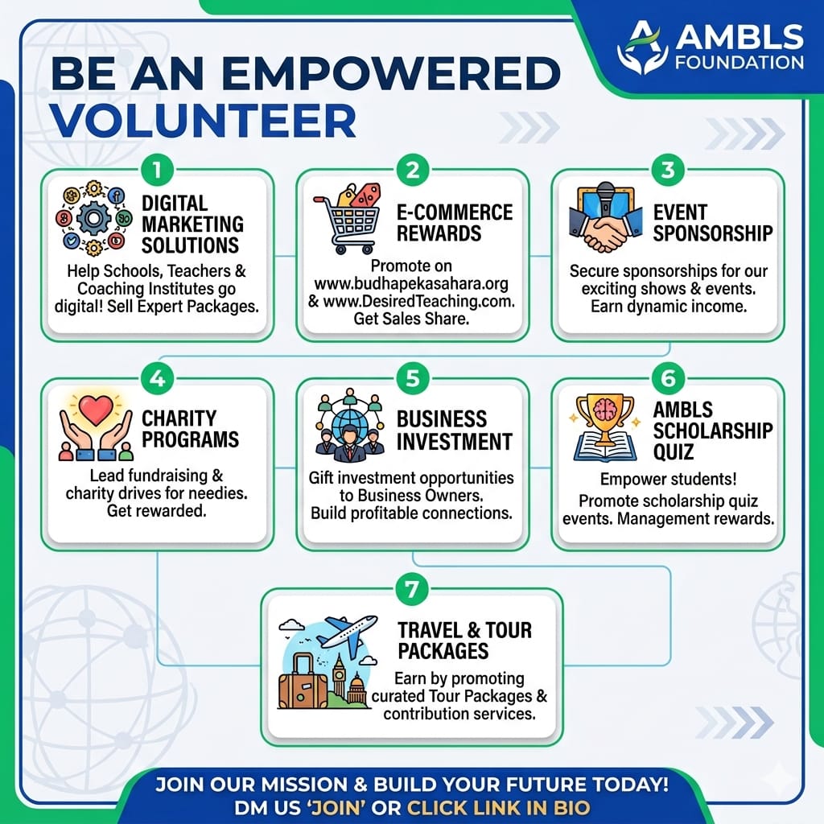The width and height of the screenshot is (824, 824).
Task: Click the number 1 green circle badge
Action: tap(157, 170)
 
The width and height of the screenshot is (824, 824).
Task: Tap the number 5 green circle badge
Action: tap(413, 378)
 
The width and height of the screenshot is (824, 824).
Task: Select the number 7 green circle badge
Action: tap(411, 589)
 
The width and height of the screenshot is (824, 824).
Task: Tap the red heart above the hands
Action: tap(96, 410)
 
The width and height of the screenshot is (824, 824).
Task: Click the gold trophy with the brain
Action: tap(605, 418)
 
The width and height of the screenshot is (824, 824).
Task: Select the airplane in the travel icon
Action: tap(348, 632)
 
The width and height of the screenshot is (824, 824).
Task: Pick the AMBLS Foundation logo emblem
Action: tap(642, 47)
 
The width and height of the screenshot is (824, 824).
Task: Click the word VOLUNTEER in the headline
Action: tap(204, 121)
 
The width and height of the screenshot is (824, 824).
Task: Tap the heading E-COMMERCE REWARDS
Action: tap(455, 223)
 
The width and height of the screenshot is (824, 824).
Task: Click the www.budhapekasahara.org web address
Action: tap(411, 284)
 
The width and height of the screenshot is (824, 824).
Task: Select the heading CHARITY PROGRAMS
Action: tap(190, 429)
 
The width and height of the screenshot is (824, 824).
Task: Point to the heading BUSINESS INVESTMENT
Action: tap(455, 431)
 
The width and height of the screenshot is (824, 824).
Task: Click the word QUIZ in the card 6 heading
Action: tap(674, 452)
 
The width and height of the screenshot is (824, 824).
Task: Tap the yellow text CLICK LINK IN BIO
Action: tap(499, 807)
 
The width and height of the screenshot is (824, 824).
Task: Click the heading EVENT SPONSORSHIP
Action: tap(713, 223)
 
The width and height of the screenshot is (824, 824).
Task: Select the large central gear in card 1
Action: tap(93, 218)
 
